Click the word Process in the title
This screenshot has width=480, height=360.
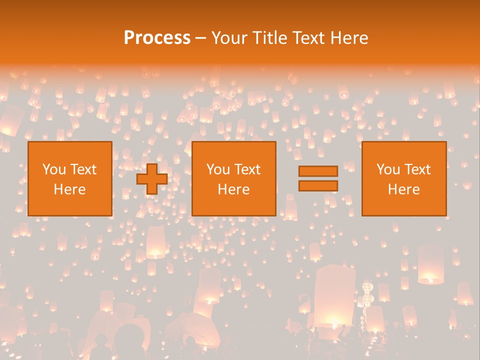[x=157, y=37]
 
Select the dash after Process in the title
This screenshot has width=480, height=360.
[x=200, y=38]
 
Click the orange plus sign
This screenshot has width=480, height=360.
[x=152, y=179]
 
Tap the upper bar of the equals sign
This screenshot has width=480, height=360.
[x=318, y=171]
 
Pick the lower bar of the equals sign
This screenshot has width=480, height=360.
[x=318, y=185]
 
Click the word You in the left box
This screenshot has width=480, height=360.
[x=54, y=169]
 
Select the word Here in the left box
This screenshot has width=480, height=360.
[x=69, y=189]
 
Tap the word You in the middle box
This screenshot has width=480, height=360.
[x=218, y=169]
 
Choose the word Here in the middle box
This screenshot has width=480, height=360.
[x=233, y=189]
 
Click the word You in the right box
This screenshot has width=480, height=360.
[x=388, y=169]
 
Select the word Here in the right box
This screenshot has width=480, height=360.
[x=403, y=189]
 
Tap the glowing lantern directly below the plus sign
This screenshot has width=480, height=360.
[x=155, y=242]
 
